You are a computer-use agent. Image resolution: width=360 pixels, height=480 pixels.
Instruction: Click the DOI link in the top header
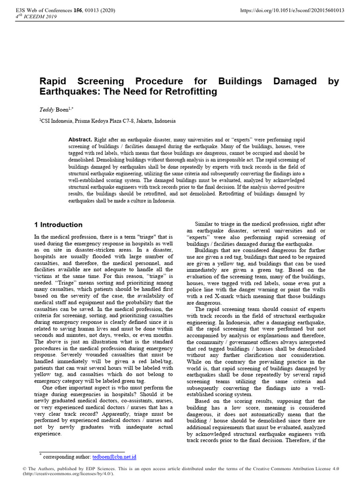(292, 10)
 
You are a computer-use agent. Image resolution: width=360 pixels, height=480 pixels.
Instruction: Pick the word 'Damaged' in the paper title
(295, 81)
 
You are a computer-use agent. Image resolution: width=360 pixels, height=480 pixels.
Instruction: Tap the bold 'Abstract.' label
(80, 140)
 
